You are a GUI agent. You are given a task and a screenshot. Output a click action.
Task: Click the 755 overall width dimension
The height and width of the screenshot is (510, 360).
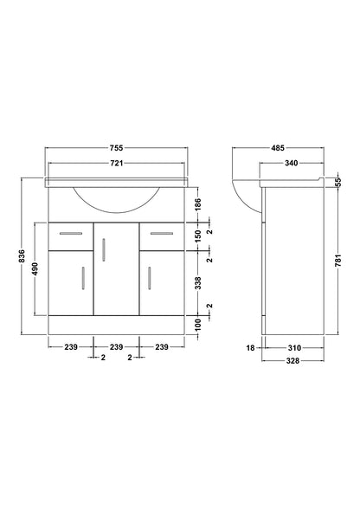click(x=117, y=148)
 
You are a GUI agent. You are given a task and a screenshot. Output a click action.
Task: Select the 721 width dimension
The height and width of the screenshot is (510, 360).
click(x=117, y=163)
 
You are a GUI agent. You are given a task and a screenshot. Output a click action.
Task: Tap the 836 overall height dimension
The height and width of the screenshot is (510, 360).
click(x=22, y=256)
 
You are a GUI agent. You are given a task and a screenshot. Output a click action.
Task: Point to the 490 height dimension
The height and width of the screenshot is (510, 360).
click(x=35, y=268)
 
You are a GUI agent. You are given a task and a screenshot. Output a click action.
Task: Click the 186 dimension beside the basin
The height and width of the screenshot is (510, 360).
click(x=198, y=204)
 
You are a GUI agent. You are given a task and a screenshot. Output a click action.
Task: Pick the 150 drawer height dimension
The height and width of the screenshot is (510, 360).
click(x=198, y=236)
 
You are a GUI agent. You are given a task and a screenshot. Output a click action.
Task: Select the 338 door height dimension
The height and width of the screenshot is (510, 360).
click(x=198, y=283)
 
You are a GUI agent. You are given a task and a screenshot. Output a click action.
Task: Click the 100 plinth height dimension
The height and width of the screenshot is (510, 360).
click(x=198, y=325)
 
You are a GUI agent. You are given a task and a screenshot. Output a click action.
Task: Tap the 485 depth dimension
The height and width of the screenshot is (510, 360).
click(x=278, y=148)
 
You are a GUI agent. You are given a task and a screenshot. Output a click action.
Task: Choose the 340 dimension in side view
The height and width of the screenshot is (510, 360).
click(x=291, y=163)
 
